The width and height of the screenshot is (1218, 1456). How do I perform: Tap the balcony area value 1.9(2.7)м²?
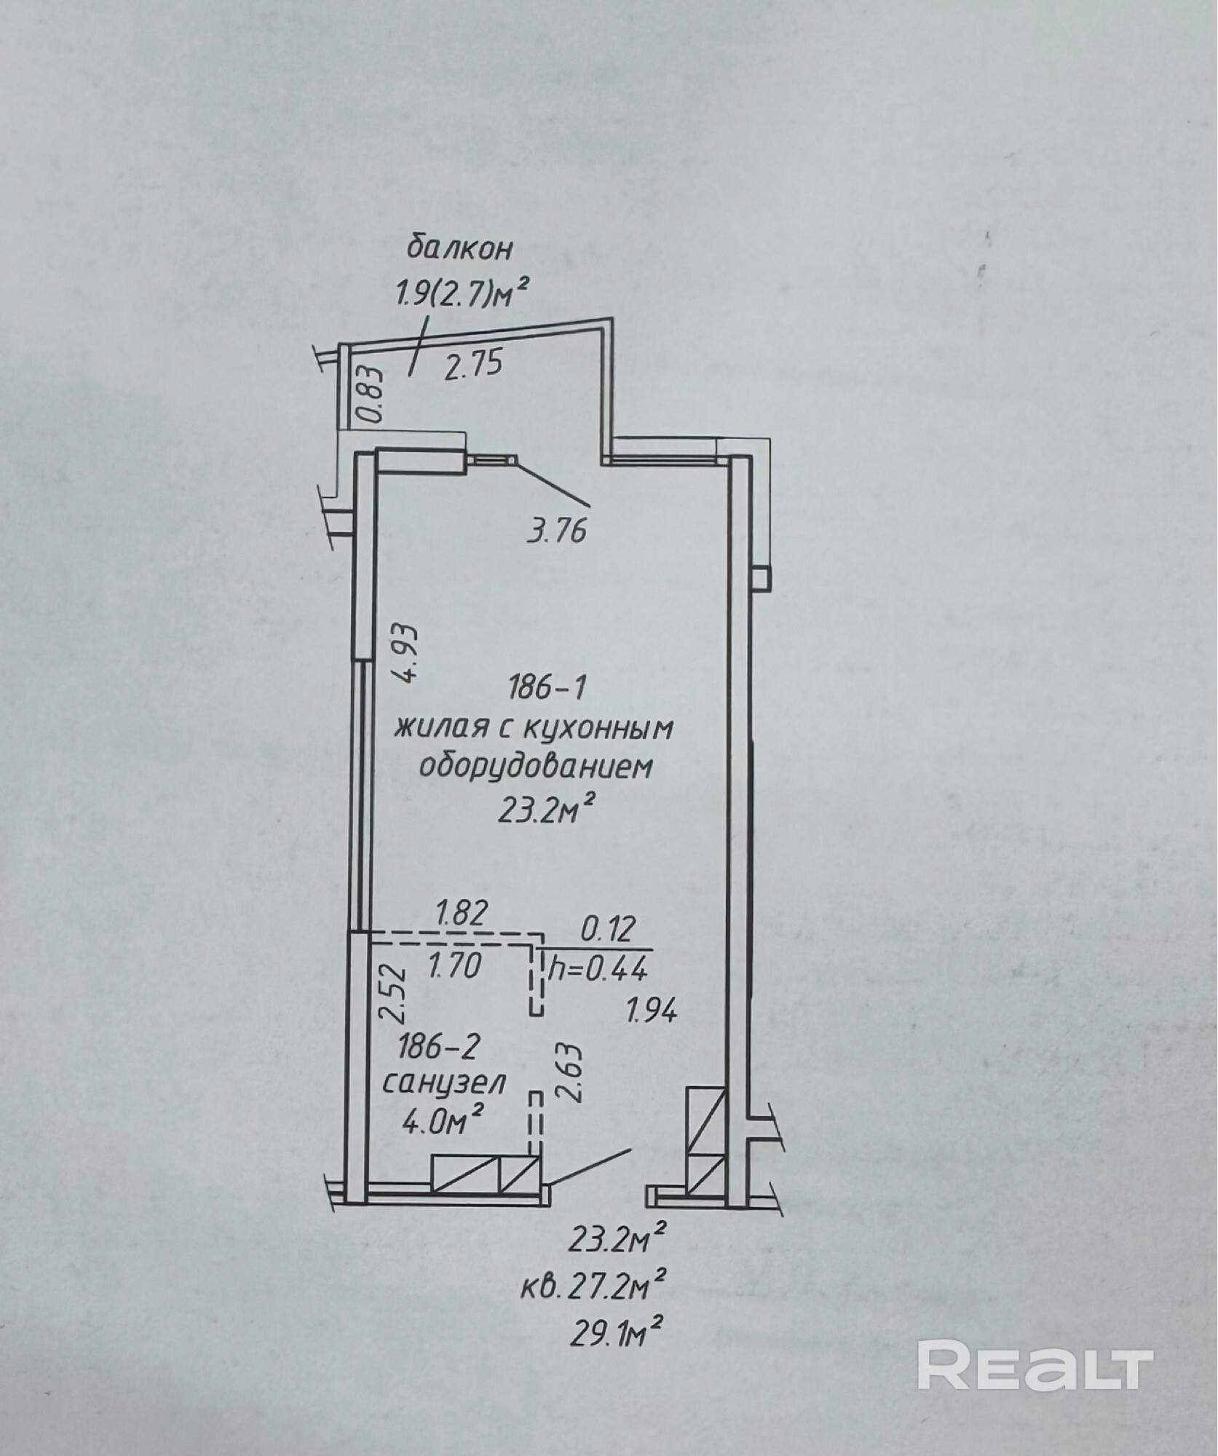(x=461, y=296)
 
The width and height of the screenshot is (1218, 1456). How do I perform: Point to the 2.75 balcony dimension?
(x=474, y=363)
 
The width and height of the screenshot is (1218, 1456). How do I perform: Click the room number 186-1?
(x=547, y=688)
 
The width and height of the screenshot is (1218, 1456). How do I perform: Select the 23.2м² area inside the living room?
(x=550, y=810)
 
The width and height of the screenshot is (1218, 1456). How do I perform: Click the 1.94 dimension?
(x=652, y=1011)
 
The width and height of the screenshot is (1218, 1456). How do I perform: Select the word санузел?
(x=444, y=1085)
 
